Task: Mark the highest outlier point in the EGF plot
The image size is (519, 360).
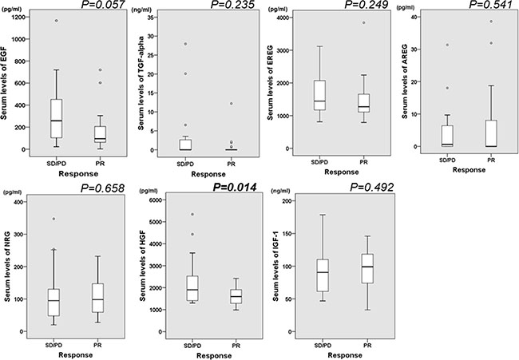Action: [57, 21]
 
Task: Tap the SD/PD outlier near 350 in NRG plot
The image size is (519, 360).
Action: [54, 218]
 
